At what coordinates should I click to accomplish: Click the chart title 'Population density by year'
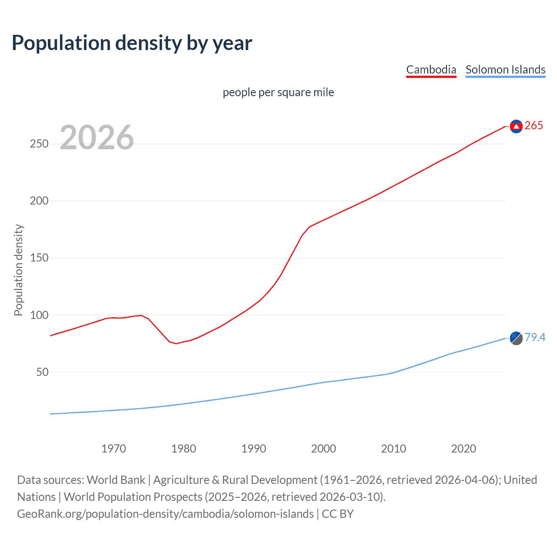pos(132,43)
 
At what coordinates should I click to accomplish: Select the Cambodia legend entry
pos(431,70)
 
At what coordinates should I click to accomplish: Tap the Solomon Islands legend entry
pos(505,70)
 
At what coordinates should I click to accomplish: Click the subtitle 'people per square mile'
pos(278,92)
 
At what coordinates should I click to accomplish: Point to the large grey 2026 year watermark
pos(97,138)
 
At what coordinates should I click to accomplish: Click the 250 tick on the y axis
pos(39,144)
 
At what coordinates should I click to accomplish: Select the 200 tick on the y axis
pos(39,201)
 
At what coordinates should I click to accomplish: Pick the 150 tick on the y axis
pos(39,258)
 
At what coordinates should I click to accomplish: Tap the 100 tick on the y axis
pos(39,315)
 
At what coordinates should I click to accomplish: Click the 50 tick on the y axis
pos(42,372)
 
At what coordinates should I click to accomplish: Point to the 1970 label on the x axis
pos(114,449)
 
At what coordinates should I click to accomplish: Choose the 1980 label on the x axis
pos(184,449)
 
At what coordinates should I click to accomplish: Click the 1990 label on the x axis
pos(254,449)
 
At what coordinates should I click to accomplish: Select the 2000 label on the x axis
pos(323,449)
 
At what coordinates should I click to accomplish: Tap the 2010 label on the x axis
pos(393,449)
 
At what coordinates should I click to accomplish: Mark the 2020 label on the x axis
pos(463,449)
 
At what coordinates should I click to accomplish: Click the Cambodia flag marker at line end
pos(516,126)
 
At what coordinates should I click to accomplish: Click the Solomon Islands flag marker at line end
pos(516,338)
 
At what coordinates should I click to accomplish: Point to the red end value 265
pos(534,126)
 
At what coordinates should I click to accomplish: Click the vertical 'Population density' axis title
pos(18,270)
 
